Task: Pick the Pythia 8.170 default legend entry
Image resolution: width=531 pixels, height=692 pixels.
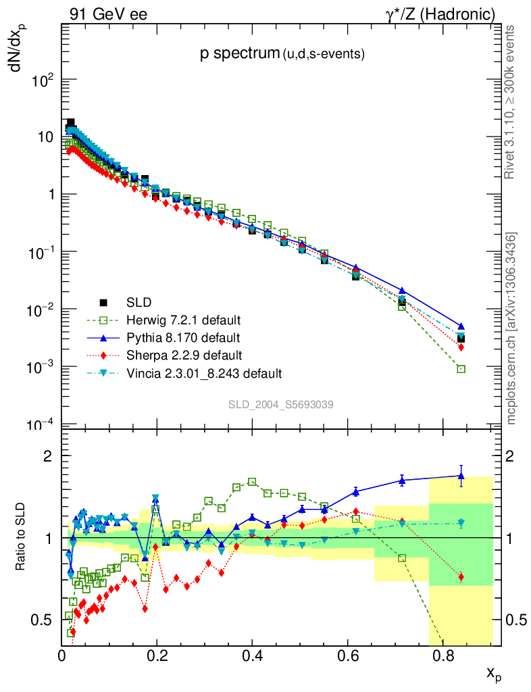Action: point(183,337)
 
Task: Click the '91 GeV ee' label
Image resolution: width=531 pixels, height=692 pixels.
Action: point(108,14)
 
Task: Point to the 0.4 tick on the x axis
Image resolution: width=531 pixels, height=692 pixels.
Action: point(252,655)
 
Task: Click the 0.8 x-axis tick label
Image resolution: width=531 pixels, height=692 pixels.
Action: point(442,655)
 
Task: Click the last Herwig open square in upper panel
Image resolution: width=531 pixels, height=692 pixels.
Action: point(461,369)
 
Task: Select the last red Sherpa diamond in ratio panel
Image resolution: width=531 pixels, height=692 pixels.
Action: point(461,576)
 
